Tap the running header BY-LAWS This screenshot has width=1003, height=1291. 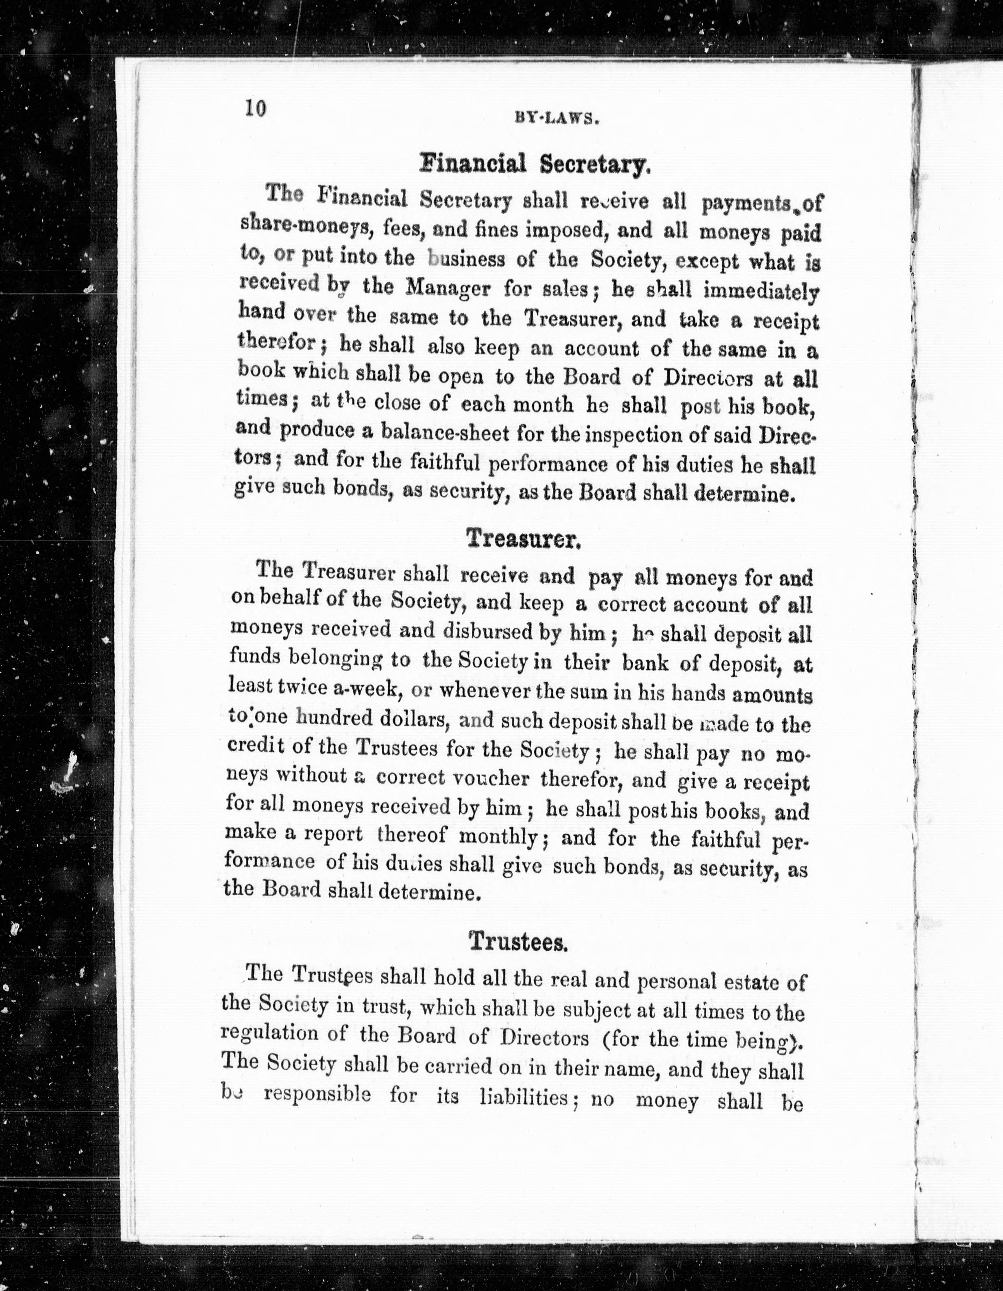(x=557, y=118)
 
